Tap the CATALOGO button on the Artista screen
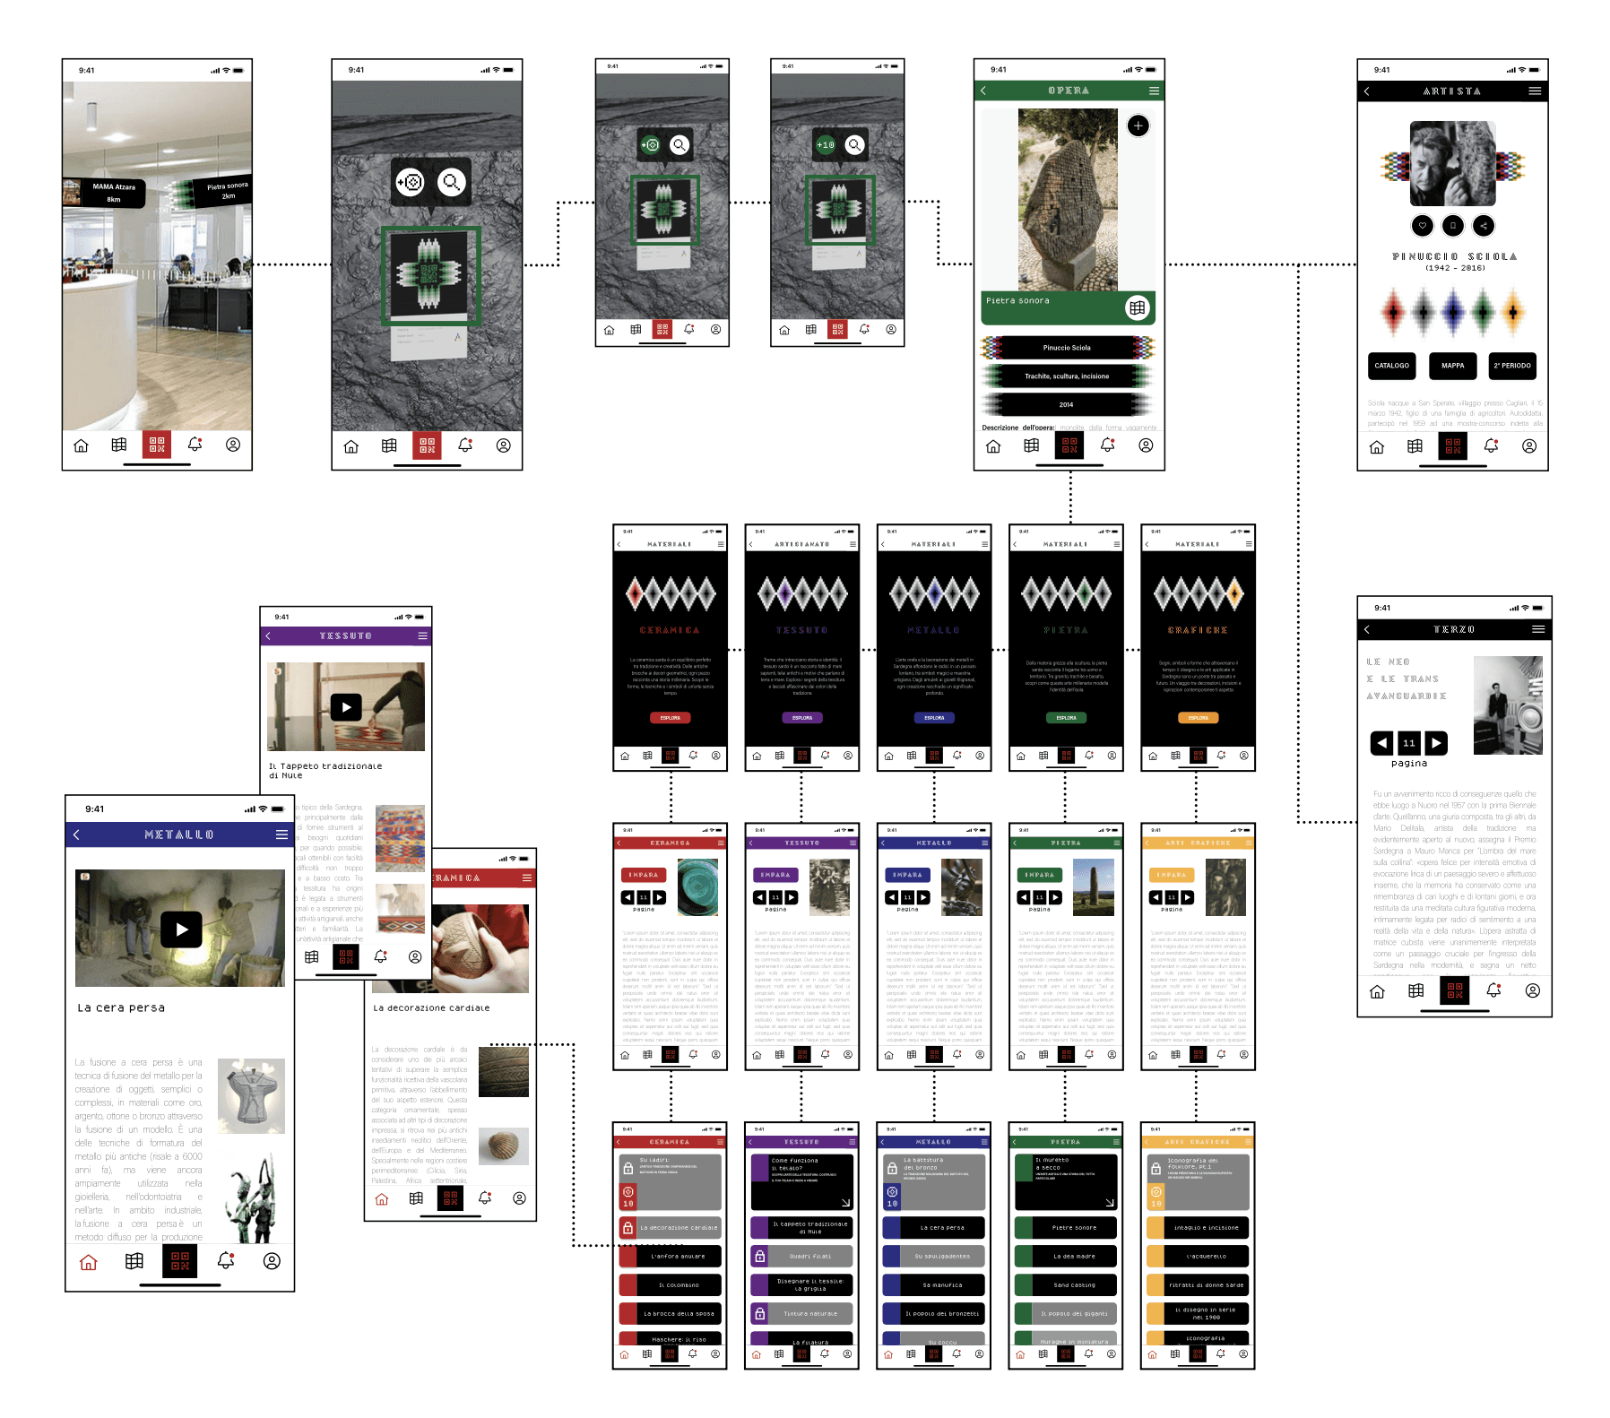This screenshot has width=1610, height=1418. [1391, 366]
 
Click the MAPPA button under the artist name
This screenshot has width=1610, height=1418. [1452, 366]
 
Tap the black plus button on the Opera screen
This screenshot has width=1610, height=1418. [1138, 126]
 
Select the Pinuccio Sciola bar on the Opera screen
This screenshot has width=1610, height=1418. [1067, 348]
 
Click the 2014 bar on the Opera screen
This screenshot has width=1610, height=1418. [1067, 404]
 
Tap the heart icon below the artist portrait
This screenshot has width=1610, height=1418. [1422, 226]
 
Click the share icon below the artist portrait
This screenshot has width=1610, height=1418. [1484, 226]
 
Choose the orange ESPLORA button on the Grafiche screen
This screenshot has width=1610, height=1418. [1198, 718]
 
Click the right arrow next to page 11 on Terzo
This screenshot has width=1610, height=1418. [1436, 743]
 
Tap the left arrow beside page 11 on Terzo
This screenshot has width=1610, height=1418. [1382, 743]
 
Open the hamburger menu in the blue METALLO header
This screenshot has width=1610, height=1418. [281, 834]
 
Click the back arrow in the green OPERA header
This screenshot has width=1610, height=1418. [983, 91]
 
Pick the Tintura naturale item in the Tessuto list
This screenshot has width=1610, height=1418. [808, 1314]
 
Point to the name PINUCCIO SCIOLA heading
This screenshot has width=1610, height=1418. [1454, 256]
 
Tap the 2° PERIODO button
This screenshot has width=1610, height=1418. [1512, 366]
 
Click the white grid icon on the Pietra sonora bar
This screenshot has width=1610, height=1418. [1137, 307]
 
